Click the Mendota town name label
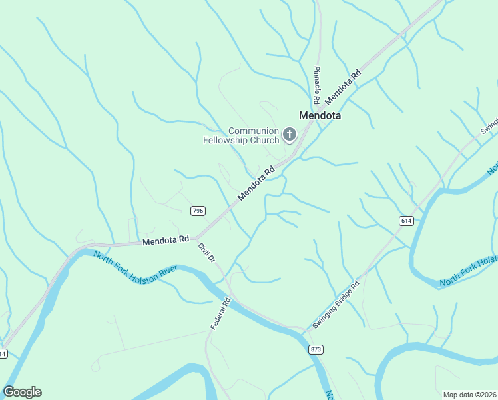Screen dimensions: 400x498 [x=320, y=115]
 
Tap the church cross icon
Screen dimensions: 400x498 [x=289, y=135]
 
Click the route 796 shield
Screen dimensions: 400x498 [x=197, y=211]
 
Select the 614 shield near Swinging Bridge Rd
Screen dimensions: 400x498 [x=407, y=220]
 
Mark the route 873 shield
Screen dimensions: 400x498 [x=316, y=349]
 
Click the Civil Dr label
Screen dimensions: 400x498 [x=207, y=251]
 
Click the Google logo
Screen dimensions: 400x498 [x=22, y=392]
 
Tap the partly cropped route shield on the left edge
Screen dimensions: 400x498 [x=3, y=353]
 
